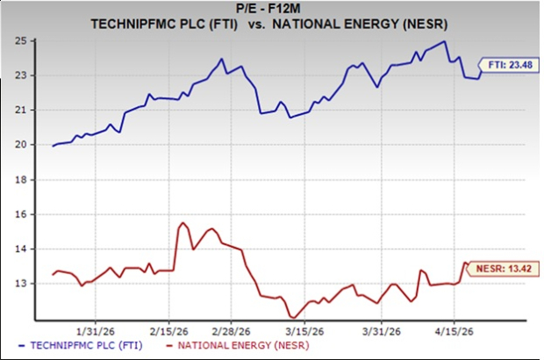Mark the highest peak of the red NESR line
pyautogui.click(x=183, y=223)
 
